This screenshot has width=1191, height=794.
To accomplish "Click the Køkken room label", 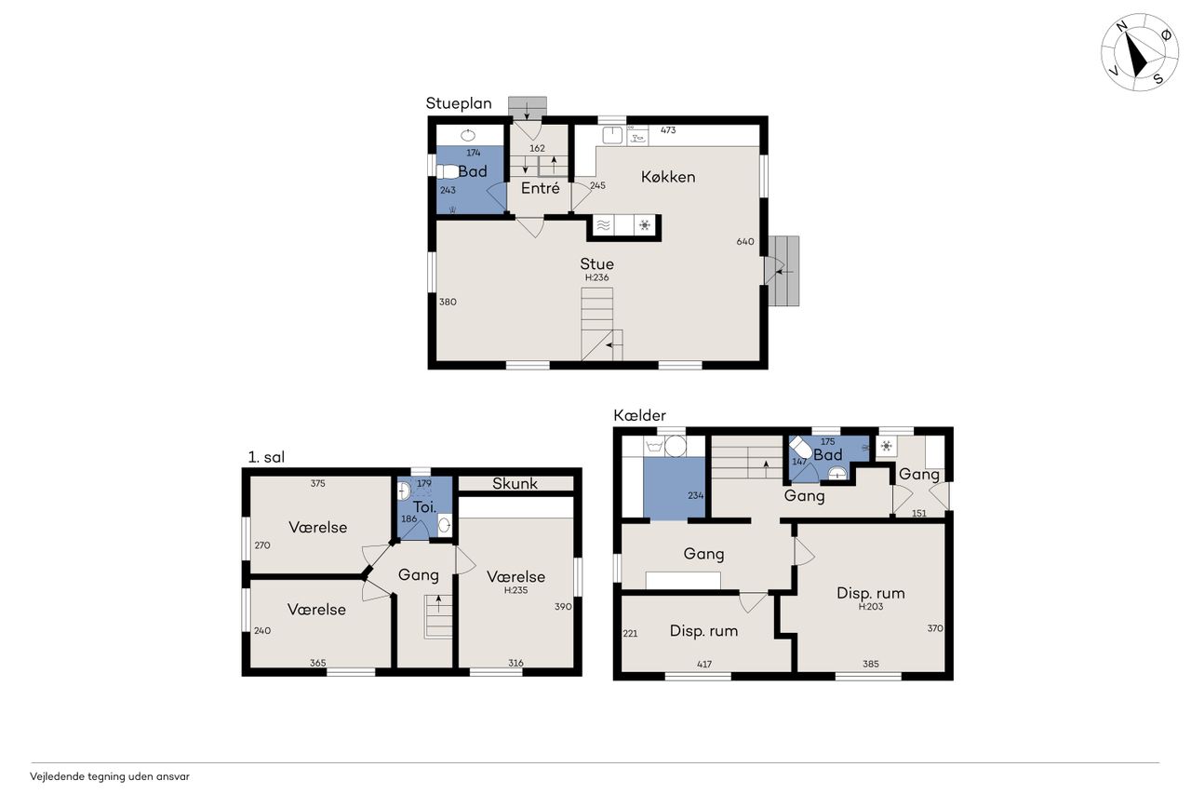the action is [668, 177].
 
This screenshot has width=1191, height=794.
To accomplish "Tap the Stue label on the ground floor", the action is [596, 263].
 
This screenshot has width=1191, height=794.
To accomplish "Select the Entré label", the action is [541, 188].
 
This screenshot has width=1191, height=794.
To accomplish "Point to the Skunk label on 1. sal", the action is [515, 483].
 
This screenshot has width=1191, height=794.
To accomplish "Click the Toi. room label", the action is [424, 506].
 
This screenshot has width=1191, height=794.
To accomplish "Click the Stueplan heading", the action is [459, 103].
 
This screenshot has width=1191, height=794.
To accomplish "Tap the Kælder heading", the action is [639, 415].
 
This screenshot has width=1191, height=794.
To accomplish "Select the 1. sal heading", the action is [266, 457].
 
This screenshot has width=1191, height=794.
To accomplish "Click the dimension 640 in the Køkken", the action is [745, 241].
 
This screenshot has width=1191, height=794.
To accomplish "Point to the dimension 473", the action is [668, 129].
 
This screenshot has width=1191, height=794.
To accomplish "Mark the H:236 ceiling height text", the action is [596, 277].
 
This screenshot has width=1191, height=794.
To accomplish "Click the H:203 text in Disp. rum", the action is [870, 606].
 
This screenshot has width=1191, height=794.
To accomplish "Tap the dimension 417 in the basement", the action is [704, 664].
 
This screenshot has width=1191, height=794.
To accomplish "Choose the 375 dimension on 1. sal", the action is [318, 483].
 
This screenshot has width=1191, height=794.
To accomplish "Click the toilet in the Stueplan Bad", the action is [448, 172].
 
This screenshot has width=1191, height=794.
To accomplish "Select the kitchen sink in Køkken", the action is [612, 135].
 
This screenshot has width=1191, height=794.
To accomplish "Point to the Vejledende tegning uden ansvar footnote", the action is [110, 776].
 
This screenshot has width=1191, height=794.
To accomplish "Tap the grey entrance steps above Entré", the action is [527, 106].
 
